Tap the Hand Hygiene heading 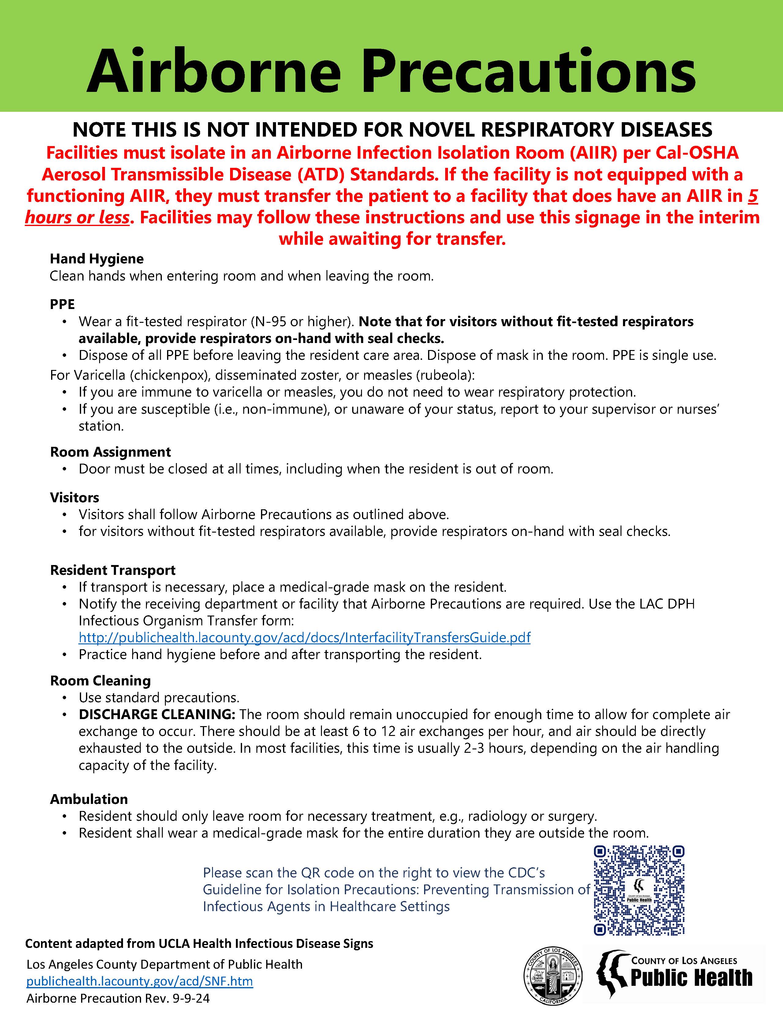96,258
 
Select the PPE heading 62,304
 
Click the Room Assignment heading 110,452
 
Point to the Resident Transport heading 113,570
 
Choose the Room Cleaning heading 100,680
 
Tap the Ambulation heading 89,799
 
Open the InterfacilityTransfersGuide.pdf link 304,638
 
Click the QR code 639,890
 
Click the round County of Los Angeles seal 552,976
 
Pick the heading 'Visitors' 74,497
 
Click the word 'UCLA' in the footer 174,944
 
